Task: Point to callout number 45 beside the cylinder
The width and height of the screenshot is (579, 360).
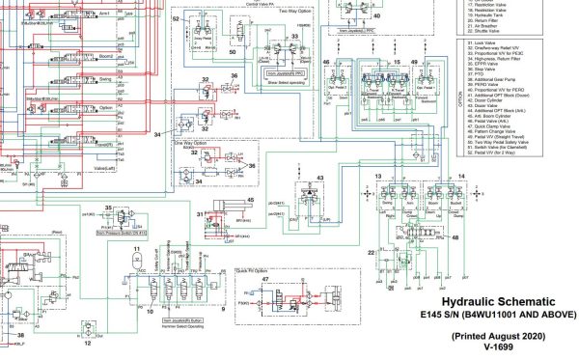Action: pos(249,200)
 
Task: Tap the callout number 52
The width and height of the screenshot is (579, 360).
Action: pos(176,19)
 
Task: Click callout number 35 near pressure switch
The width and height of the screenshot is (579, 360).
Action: pos(109,208)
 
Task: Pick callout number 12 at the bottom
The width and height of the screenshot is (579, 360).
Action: pos(88,342)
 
